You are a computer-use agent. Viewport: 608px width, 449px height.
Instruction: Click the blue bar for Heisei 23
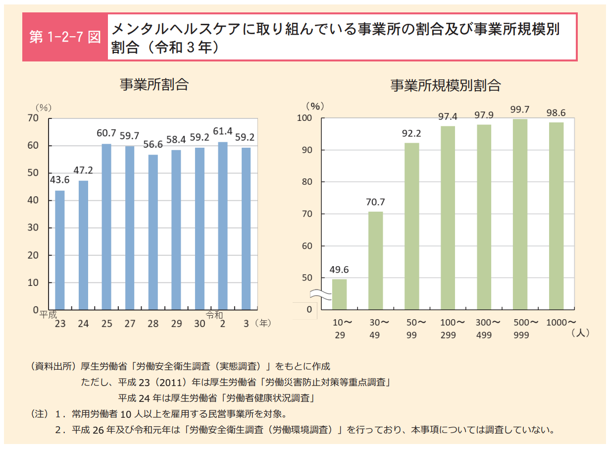(x=59, y=250)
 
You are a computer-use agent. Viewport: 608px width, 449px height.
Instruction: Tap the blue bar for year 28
(x=153, y=232)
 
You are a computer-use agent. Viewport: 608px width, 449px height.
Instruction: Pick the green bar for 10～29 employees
(x=339, y=294)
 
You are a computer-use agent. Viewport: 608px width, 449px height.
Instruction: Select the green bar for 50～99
(x=411, y=226)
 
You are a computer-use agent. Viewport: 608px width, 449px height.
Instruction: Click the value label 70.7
(x=375, y=202)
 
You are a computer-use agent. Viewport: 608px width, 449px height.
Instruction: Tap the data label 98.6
(x=556, y=112)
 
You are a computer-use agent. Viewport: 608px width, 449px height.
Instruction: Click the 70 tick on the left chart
(x=33, y=118)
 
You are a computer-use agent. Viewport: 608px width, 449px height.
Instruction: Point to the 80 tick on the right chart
(x=307, y=182)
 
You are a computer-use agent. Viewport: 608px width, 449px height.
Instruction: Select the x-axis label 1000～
(x=560, y=323)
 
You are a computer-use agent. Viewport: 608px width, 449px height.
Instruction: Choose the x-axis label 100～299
(x=453, y=329)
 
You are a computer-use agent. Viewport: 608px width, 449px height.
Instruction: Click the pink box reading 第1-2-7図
(x=65, y=38)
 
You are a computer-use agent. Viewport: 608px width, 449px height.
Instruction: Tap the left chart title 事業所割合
(x=154, y=84)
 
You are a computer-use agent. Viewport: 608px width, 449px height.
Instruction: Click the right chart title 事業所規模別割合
(x=445, y=85)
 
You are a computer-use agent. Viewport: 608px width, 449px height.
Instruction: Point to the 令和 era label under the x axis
(x=214, y=315)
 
